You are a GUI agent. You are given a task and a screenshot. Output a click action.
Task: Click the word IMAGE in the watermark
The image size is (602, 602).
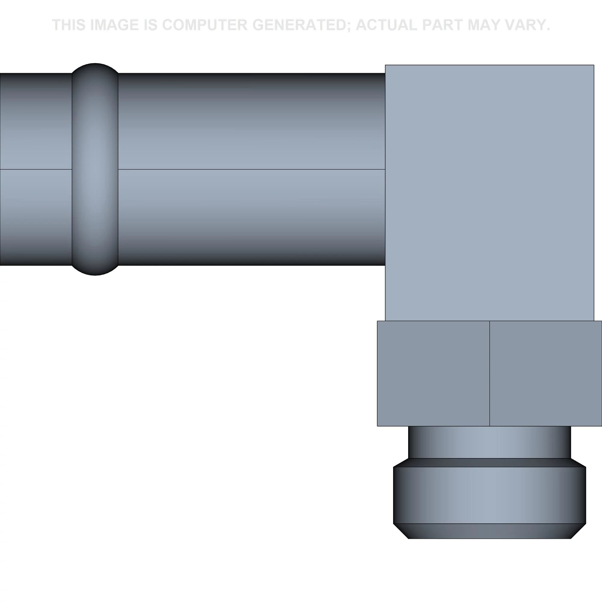click(x=114, y=25)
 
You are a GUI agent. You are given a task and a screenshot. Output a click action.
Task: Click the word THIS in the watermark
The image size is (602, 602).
click(x=69, y=25)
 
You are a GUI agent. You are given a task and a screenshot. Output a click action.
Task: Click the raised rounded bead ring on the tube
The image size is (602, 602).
click(x=95, y=169)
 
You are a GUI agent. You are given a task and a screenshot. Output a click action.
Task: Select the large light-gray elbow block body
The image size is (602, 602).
click(x=489, y=193)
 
